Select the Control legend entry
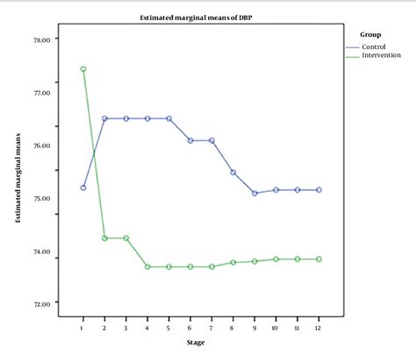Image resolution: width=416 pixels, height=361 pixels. click(373, 46)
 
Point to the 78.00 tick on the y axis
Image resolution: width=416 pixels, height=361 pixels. click(42, 39)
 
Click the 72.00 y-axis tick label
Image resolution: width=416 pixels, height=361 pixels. click(42, 304)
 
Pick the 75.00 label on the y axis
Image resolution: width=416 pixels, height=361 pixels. click(42, 198)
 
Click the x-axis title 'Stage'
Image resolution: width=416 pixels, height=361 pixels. click(199, 343)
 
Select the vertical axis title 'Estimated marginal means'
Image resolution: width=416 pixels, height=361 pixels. click(18, 171)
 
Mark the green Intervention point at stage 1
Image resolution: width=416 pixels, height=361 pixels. click(82, 69)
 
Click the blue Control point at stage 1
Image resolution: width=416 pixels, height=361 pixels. click(82, 188)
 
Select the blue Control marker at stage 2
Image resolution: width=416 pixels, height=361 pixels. click(104, 118)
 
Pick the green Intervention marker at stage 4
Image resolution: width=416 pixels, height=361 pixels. click(147, 266)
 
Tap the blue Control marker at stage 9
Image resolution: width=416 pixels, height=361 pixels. click(255, 193)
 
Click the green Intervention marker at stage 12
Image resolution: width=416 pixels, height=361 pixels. click(319, 259)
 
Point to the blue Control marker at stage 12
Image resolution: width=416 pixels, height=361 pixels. click(319, 189)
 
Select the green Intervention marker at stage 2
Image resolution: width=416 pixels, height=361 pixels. click(104, 237)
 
